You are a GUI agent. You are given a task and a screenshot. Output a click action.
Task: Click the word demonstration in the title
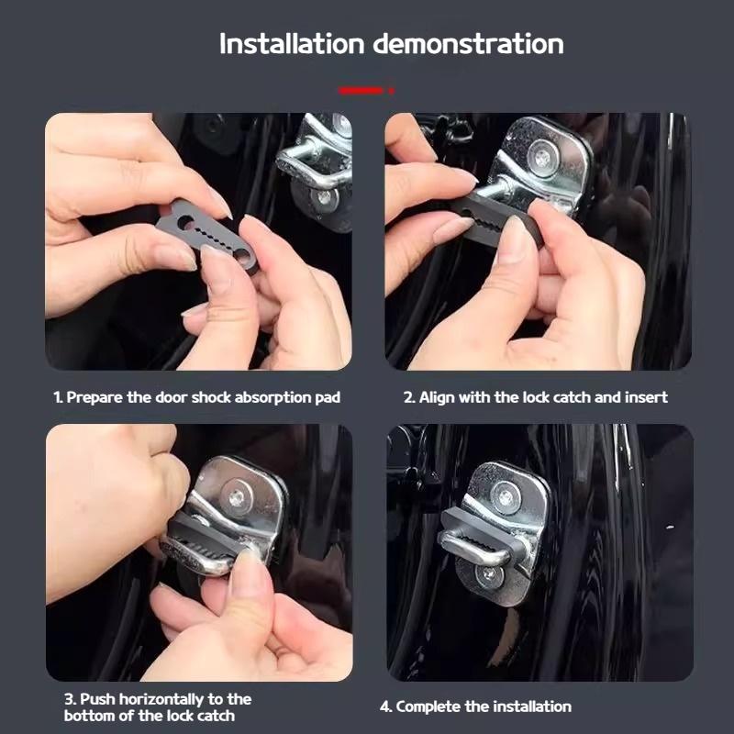pos(468,43)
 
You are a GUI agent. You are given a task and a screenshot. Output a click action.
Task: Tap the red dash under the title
pos(363,91)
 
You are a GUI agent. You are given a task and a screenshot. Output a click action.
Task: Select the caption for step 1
pos(196,397)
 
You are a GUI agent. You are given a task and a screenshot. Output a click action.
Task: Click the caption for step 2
pos(536,397)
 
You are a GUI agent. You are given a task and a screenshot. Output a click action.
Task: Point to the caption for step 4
pos(475,706)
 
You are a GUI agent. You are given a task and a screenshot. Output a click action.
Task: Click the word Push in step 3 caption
pos(97,699)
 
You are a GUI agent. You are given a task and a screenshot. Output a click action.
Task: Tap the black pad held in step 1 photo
pos(207,237)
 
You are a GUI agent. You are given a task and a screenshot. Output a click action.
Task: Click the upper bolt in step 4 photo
pos(505,498)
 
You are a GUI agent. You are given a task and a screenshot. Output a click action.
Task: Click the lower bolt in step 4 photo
pos(490,575)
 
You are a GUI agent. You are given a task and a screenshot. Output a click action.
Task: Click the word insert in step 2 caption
pos(647,397)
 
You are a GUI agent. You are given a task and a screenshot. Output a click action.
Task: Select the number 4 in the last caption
pos(384,706)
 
